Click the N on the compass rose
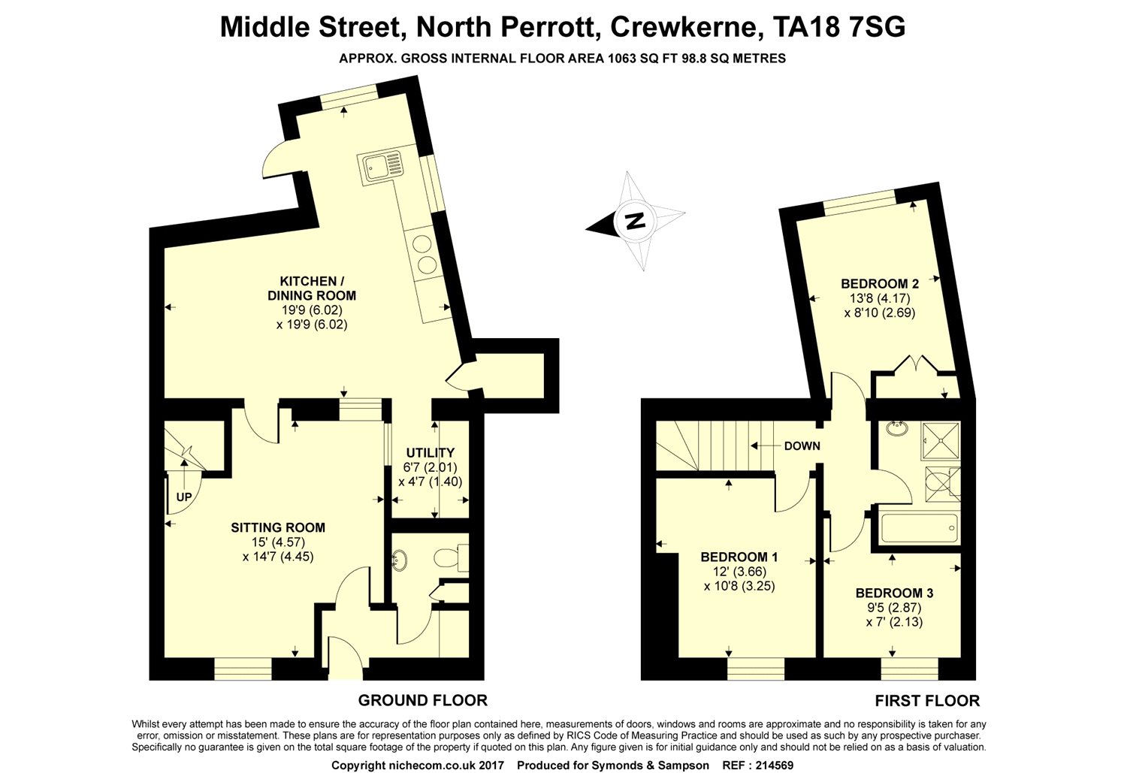tap(636, 221)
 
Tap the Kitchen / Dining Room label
tap(312, 288)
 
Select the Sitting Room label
tap(278, 527)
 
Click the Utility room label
tap(431, 453)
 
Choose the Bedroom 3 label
tap(894, 593)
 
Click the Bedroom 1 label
tap(739, 557)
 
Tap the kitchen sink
tap(380, 166)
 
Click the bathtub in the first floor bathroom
tap(919, 527)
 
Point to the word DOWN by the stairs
tap(802, 446)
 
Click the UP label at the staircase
tap(184, 497)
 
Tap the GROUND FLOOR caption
tap(422, 700)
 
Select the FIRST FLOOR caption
tap(926, 701)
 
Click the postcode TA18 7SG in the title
tap(839, 27)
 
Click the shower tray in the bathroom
tap(941, 442)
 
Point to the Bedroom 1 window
tap(756, 669)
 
